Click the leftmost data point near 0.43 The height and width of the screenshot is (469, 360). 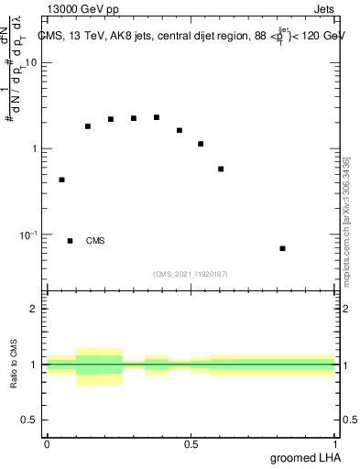coord(61,180)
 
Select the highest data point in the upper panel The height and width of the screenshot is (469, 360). coord(157,117)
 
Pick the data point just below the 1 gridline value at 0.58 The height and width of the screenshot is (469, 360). coord(221,169)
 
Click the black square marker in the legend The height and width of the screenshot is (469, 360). coord(70,241)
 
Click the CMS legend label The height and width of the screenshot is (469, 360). coord(95,241)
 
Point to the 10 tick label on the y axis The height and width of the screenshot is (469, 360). coord(31,63)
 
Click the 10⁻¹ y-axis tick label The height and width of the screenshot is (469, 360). coord(28,235)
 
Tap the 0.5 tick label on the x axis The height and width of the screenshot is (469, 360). coord(191,443)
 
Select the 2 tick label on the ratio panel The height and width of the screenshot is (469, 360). coord(35,309)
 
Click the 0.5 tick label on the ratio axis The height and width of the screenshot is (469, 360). coord(30,420)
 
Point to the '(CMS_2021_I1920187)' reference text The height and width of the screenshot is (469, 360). coord(191,273)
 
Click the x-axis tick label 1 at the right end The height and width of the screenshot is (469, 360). coord(335,443)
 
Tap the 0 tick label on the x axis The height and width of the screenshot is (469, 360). coord(47,443)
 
